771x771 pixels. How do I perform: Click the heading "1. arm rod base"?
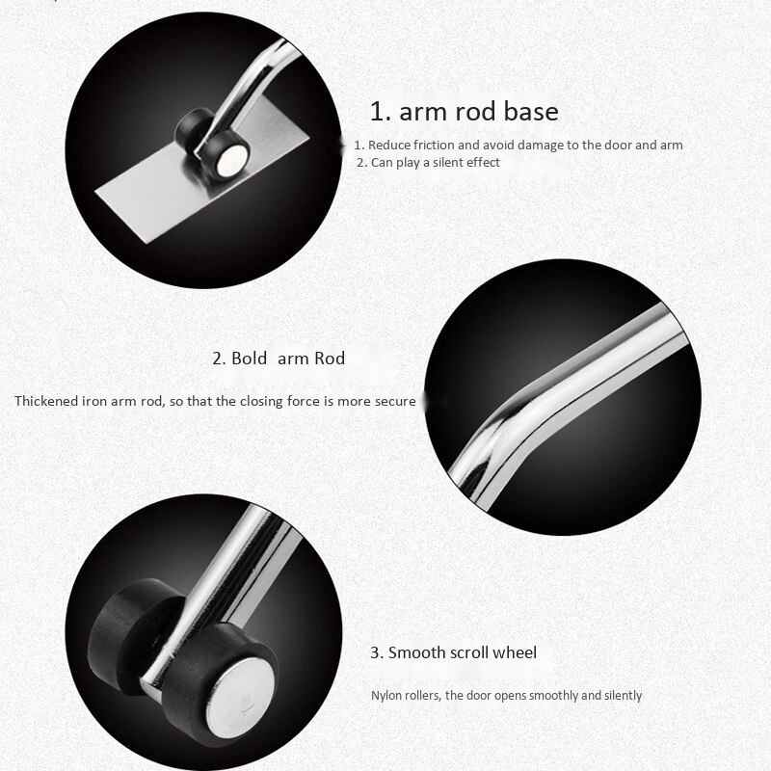465,111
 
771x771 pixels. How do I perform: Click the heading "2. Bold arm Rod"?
278,359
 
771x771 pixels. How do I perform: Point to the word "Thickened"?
44,401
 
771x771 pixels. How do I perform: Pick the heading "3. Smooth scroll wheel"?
453,652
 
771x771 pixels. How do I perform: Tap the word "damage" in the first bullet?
549,146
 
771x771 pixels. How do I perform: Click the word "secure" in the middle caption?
395,401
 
